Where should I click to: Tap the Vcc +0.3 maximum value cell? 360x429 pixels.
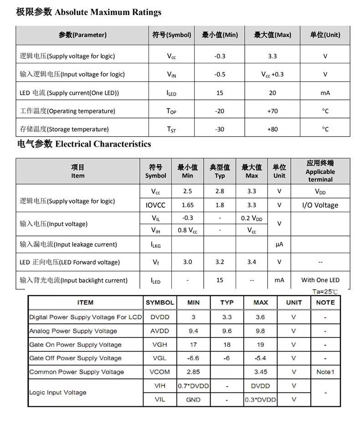coord(272,74)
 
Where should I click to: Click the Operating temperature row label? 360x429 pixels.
coord(67,111)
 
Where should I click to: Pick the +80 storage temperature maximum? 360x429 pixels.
coord(272,129)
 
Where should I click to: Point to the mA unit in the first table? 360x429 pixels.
coord(325,93)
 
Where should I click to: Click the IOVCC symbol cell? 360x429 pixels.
coord(155,205)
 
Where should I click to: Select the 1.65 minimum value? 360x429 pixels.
coord(187,205)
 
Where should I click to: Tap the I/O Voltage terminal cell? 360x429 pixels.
coord(320,205)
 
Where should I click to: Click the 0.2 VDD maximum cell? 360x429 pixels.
coord(252,218)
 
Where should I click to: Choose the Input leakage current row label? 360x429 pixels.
coord(68,245)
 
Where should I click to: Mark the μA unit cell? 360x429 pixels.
coord(279,245)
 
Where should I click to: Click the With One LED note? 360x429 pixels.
coord(320,280)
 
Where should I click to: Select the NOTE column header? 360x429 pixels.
coord(325,302)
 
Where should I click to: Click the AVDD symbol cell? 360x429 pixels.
coord(159,331)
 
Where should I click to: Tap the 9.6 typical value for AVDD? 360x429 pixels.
coord(227,331)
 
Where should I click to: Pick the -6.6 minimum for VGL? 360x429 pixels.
coord(193,358)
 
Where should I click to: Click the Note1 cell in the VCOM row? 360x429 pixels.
coord(325,372)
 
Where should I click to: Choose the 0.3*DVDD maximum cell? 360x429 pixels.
coord(261,400)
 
